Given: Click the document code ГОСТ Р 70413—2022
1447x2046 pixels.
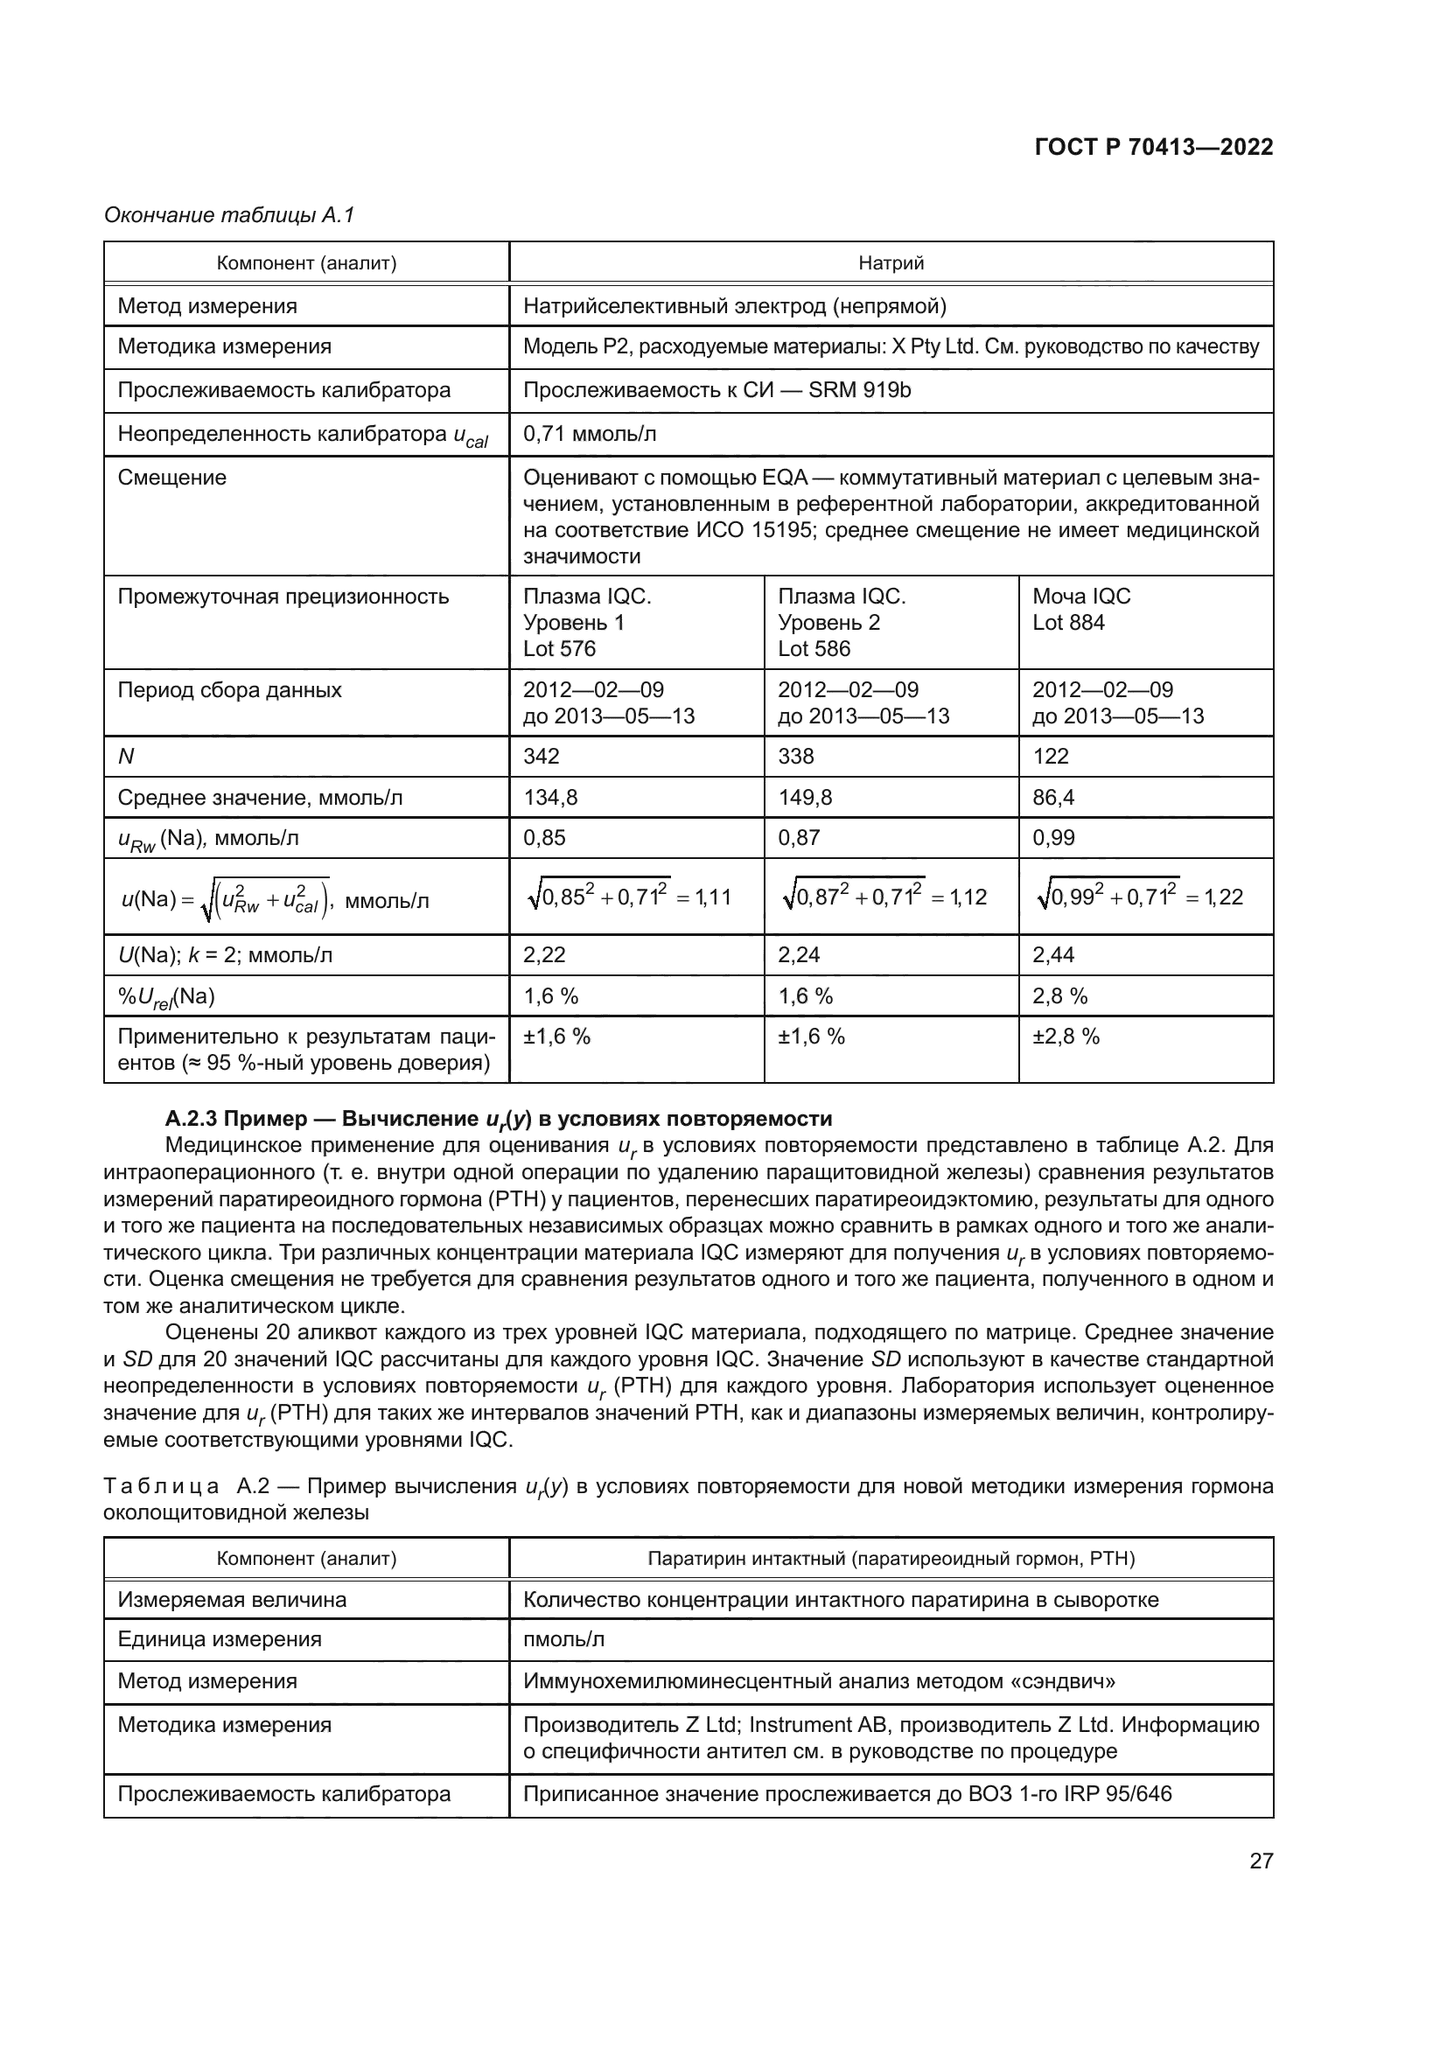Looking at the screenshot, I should point(1153,147).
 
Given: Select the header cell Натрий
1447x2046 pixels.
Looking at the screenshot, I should point(890,263).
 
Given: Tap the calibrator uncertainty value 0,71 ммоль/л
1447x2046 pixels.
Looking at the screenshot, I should point(589,434).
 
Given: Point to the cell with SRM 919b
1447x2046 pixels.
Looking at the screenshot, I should point(717,390).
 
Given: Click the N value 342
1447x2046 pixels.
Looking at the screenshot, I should point(541,756).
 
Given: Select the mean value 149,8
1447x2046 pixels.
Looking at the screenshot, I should point(805,797).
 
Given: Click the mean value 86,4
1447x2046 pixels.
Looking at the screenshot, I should point(1053,797).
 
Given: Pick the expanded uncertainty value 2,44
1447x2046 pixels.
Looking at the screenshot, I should point(1053,954).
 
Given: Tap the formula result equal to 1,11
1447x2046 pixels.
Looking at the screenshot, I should point(712,897).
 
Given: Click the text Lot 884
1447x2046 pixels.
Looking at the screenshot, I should point(1067,622).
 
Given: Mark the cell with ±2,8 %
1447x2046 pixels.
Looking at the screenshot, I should point(1066,1037).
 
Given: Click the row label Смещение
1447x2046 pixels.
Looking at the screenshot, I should point(172,478).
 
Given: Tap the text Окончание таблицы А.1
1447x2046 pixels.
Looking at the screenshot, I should point(229,215).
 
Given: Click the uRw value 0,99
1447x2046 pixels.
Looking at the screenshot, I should point(1053,838).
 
